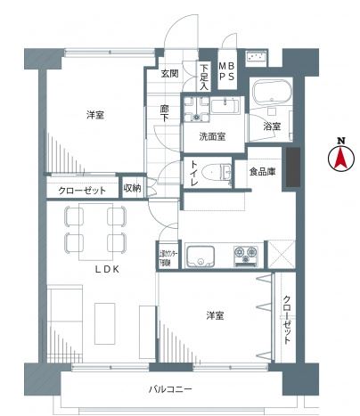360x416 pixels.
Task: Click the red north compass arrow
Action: point(340,161)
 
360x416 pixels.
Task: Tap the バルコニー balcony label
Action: point(171,390)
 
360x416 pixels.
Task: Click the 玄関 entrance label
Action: point(170,74)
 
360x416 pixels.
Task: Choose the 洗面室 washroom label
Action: point(211,136)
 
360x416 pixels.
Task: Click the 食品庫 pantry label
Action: point(262,171)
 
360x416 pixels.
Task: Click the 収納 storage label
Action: point(133,188)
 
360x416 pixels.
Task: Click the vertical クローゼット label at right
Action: point(287,320)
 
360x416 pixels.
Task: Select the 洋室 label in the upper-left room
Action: point(97,116)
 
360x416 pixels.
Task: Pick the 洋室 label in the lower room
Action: point(216,315)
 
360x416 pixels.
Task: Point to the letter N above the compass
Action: point(340,140)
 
